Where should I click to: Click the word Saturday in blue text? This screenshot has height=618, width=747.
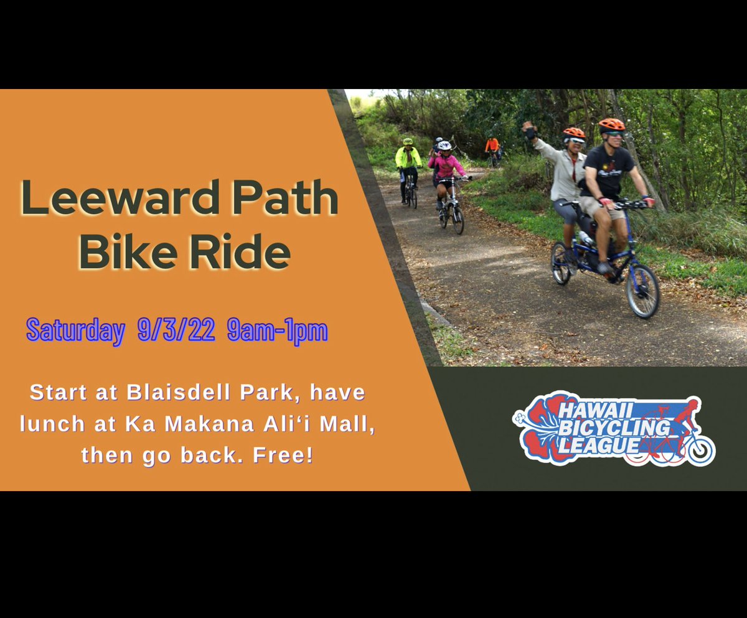click(75, 330)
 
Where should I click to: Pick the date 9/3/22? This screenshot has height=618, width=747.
click(176, 330)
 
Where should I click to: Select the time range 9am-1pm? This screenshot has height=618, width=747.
click(277, 330)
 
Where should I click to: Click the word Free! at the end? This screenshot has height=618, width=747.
click(283, 455)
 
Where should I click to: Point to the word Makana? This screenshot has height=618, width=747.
click(199, 424)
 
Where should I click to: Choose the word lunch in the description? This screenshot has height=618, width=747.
click(52, 424)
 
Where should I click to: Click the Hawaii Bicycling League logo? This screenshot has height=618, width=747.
click(613, 429)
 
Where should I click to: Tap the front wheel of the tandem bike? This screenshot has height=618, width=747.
click(642, 291)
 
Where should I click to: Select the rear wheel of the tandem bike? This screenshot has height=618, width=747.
click(560, 263)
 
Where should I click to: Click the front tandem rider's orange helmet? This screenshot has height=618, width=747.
click(611, 125)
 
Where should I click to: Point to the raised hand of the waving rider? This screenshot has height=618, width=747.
click(529, 128)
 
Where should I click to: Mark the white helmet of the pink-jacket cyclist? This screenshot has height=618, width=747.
click(444, 146)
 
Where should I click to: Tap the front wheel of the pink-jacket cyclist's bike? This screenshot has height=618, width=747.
click(458, 218)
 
